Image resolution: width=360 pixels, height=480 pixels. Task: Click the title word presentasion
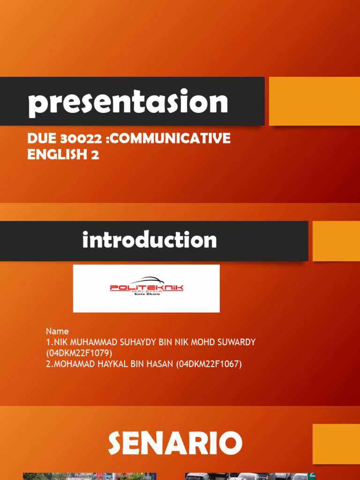128,103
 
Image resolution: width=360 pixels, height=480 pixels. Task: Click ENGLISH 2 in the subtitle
63,155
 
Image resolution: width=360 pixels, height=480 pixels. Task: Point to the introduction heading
149,240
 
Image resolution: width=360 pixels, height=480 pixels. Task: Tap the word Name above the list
57,331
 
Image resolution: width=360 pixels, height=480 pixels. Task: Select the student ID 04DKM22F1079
79,353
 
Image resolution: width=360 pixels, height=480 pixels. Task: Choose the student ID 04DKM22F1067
209,364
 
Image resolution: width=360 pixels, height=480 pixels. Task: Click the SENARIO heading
175,443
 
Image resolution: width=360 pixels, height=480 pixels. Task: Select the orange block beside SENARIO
336,443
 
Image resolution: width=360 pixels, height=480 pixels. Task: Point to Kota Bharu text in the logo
147,294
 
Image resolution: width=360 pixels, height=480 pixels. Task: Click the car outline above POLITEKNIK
146,280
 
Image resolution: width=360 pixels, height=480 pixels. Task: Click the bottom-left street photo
89,476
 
